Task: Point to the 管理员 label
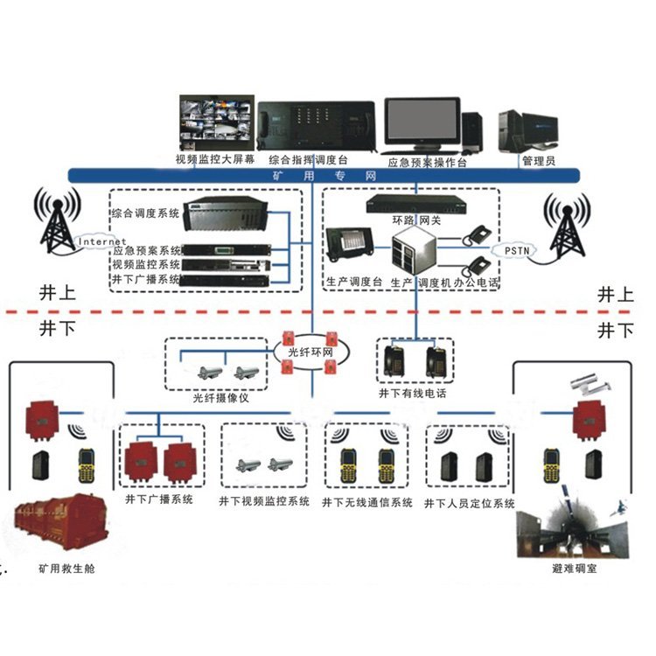(538, 161)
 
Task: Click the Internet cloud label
(102, 241)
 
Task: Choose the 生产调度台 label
(354, 283)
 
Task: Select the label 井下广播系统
(159, 500)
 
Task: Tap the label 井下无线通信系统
(367, 503)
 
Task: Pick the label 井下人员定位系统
(470, 503)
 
